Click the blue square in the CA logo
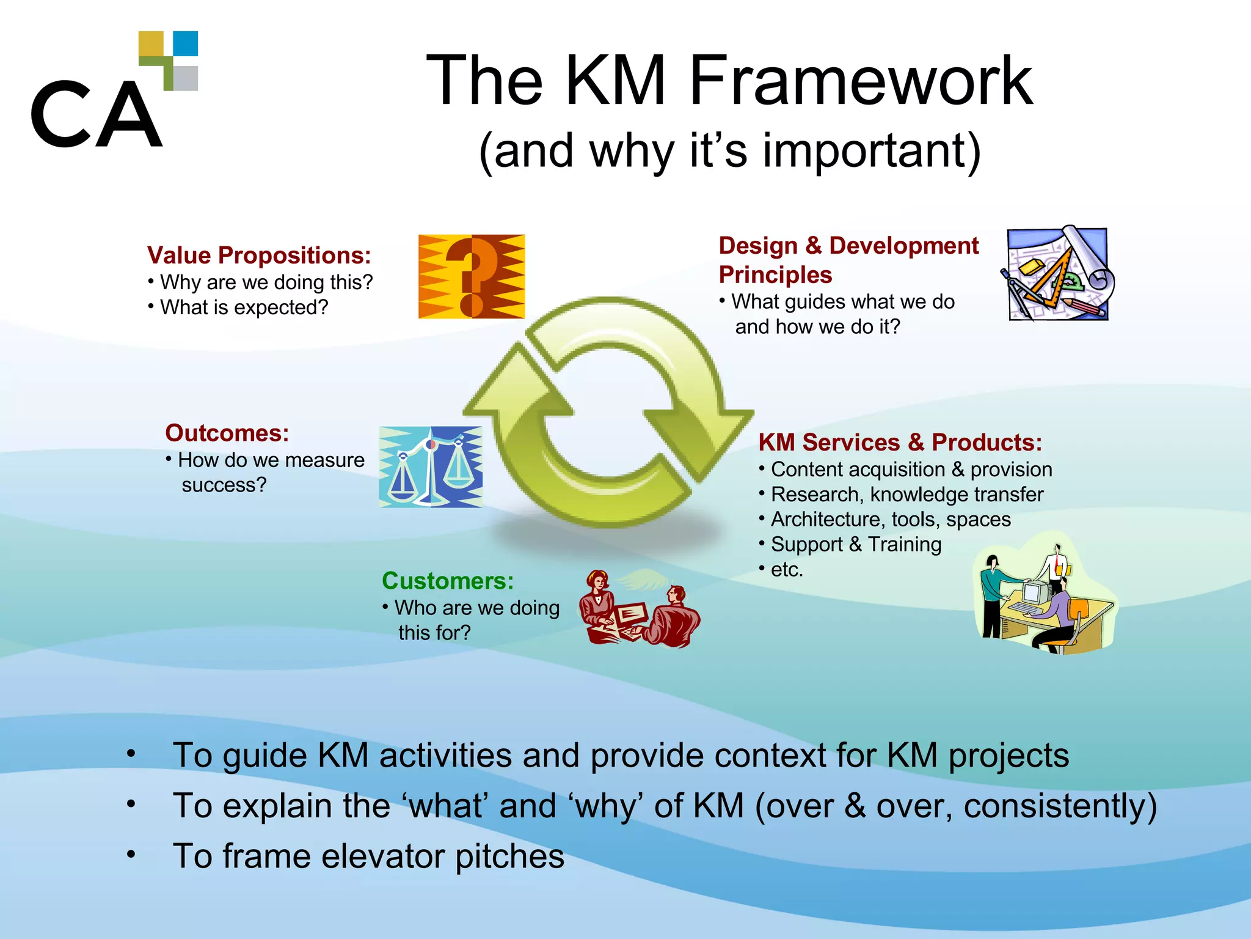(186, 43)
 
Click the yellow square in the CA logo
(151, 43)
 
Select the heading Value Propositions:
(259, 256)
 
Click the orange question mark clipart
(471, 276)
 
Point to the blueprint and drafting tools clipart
(1057, 273)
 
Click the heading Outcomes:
(227, 433)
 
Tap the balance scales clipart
(431, 467)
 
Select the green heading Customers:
(448, 581)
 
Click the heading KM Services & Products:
(900, 443)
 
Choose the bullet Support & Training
(855, 545)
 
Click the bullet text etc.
(786, 570)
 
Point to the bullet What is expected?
(244, 307)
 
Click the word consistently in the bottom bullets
(1059, 806)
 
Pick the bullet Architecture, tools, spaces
(890, 520)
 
